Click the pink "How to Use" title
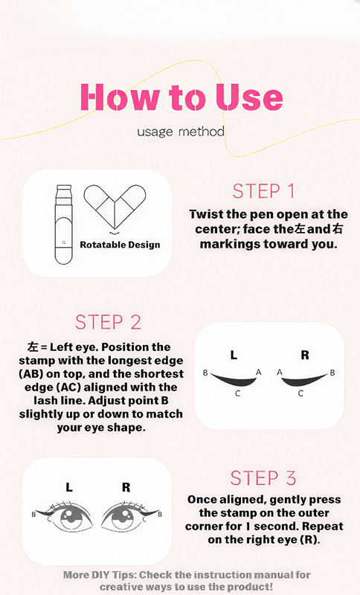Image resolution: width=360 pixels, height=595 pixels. (x=181, y=97)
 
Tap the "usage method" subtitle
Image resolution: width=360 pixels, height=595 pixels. (x=181, y=132)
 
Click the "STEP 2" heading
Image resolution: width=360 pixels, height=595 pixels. (x=108, y=323)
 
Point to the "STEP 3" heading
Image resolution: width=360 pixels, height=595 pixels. (x=264, y=477)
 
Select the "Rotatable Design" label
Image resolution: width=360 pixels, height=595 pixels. (x=120, y=245)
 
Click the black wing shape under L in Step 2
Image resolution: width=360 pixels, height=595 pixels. (x=233, y=379)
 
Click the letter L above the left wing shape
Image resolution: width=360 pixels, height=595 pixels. (x=234, y=356)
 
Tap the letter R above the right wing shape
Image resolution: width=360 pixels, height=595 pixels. (x=305, y=356)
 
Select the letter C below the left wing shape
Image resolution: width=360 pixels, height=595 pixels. (x=237, y=393)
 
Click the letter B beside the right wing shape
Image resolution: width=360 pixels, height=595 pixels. (x=332, y=372)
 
